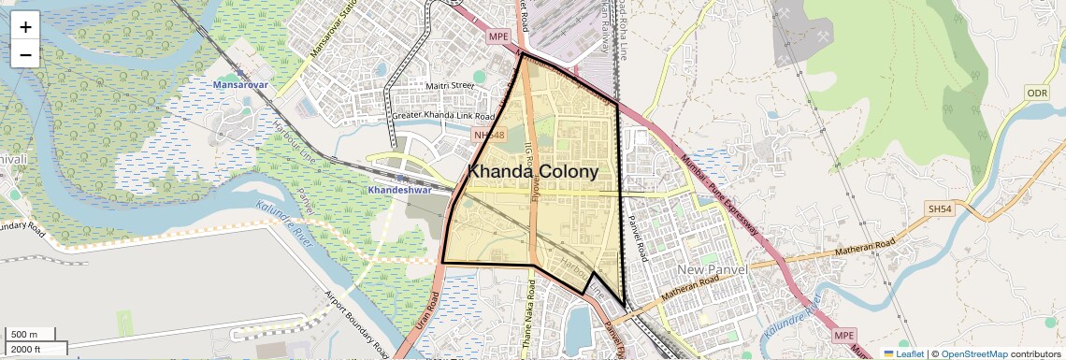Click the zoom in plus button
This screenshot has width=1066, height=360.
25,26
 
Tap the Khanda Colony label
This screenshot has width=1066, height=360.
532,172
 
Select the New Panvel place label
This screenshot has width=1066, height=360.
715,271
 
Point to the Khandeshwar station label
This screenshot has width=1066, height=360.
398,189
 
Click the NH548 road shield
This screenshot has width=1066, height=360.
489,136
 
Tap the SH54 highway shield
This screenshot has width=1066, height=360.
939,208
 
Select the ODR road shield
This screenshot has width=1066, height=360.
1037,93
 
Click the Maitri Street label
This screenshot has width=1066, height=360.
451,86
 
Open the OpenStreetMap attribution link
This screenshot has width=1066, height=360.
974,353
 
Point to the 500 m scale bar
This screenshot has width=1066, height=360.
31,335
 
